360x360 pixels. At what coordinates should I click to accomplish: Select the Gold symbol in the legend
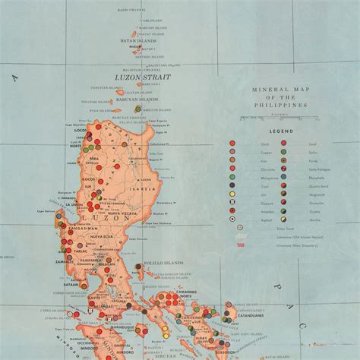click(x=233, y=141)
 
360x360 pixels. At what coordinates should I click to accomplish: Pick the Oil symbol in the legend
click(x=233, y=194)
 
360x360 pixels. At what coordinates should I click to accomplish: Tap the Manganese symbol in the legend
click(x=233, y=173)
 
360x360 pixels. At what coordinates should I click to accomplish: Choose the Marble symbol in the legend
click(x=283, y=216)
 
